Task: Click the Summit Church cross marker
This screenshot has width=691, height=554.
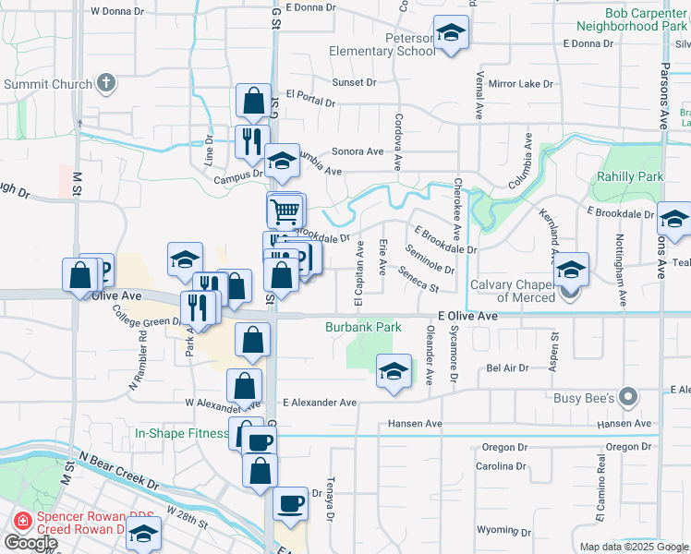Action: coord(106,84)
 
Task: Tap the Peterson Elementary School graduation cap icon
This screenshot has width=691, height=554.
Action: coord(450,34)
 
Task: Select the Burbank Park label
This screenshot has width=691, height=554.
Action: coord(363,327)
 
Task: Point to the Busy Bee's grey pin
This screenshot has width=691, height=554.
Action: coord(628,398)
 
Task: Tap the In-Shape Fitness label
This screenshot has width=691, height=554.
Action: coord(181,433)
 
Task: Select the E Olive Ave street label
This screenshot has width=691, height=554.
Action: coord(469,316)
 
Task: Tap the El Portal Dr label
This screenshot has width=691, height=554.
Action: coord(310,94)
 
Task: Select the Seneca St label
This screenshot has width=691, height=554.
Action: coord(418,279)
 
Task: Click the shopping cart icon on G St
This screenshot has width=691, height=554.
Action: coord(285,211)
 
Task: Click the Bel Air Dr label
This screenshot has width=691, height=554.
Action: coord(506,367)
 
